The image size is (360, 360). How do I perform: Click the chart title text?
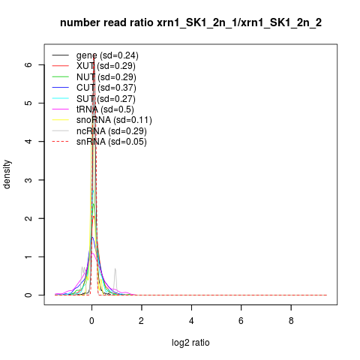click(x=190, y=22)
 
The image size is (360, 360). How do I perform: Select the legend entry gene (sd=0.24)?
click(x=107, y=55)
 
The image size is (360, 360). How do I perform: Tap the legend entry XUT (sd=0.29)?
click(x=106, y=66)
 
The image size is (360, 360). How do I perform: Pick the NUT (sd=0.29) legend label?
click(x=106, y=77)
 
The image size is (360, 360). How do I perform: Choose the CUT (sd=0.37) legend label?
click(x=106, y=88)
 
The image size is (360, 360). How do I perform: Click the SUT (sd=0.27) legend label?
click(x=106, y=99)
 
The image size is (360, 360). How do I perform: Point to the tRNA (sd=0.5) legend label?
click(x=105, y=109)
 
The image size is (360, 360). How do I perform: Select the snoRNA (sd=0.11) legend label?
click(x=114, y=120)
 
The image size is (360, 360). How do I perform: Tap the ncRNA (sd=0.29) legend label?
click(x=112, y=131)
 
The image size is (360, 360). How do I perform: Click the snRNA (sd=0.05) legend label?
click(x=112, y=142)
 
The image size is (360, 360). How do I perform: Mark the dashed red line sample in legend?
click(x=60, y=142)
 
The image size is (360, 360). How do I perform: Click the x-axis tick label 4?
click(x=191, y=321)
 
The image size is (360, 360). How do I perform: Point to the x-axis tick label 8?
click(x=291, y=321)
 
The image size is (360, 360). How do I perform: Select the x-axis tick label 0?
click(x=91, y=321)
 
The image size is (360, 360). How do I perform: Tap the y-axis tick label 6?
click(x=28, y=64)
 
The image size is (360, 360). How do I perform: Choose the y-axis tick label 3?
click(x=28, y=180)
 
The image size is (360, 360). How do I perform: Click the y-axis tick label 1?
click(x=28, y=256)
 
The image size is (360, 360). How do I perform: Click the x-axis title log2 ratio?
click(x=190, y=343)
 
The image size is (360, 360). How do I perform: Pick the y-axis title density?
click(x=7, y=175)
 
